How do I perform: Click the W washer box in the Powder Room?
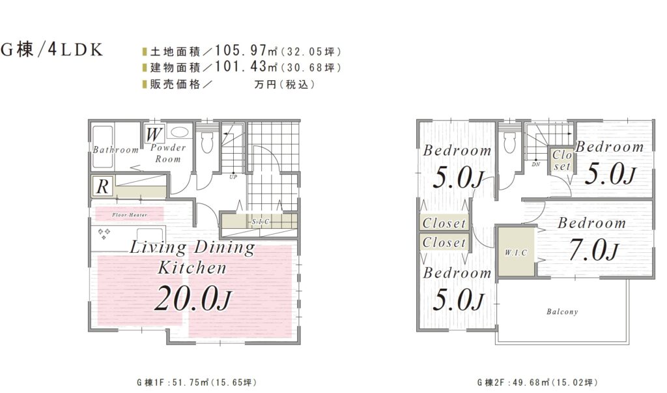pos(153,135)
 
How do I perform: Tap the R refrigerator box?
pos(102,186)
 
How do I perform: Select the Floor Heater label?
pos(130,215)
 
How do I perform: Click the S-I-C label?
pos(261,222)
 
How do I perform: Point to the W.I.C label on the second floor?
pos(516,252)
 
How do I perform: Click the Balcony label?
pos(562,312)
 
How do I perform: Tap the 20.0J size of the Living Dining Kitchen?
pos(192,298)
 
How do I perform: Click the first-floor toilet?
pos(207,142)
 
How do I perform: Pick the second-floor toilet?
pos(509,142)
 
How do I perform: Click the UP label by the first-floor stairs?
pos(233,177)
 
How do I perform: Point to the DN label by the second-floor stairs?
pos(535,164)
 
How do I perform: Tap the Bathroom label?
pos(116,150)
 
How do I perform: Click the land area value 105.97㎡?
pos(246,51)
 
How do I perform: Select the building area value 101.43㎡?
pos(246,66)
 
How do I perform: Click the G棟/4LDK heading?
pos(52,50)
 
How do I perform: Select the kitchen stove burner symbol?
pos(104,233)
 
